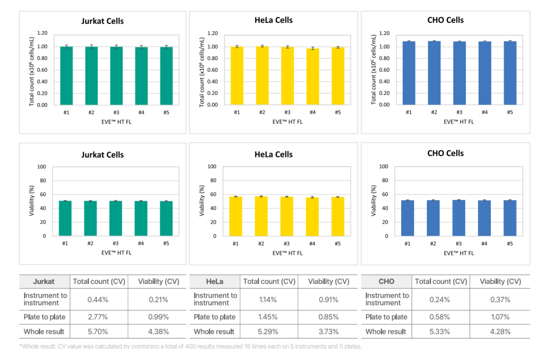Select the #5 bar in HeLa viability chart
click(x=337, y=216)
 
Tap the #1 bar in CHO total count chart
click(x=408, y=73)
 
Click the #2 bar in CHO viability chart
click(x=434, y=218)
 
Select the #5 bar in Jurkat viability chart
click(x=166, y=219)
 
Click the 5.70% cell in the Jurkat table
click(x=97, y=332)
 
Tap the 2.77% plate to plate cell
click(x=97, y=317)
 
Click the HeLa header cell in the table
click(x=214, y=281)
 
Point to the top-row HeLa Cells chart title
click(x=273, y=20)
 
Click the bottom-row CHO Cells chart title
click(x=445, y=153)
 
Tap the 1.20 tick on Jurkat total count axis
click(x=42, y=33)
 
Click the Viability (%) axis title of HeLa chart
click(x=202, y=201)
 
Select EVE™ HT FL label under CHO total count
click(x=459, y=122)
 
